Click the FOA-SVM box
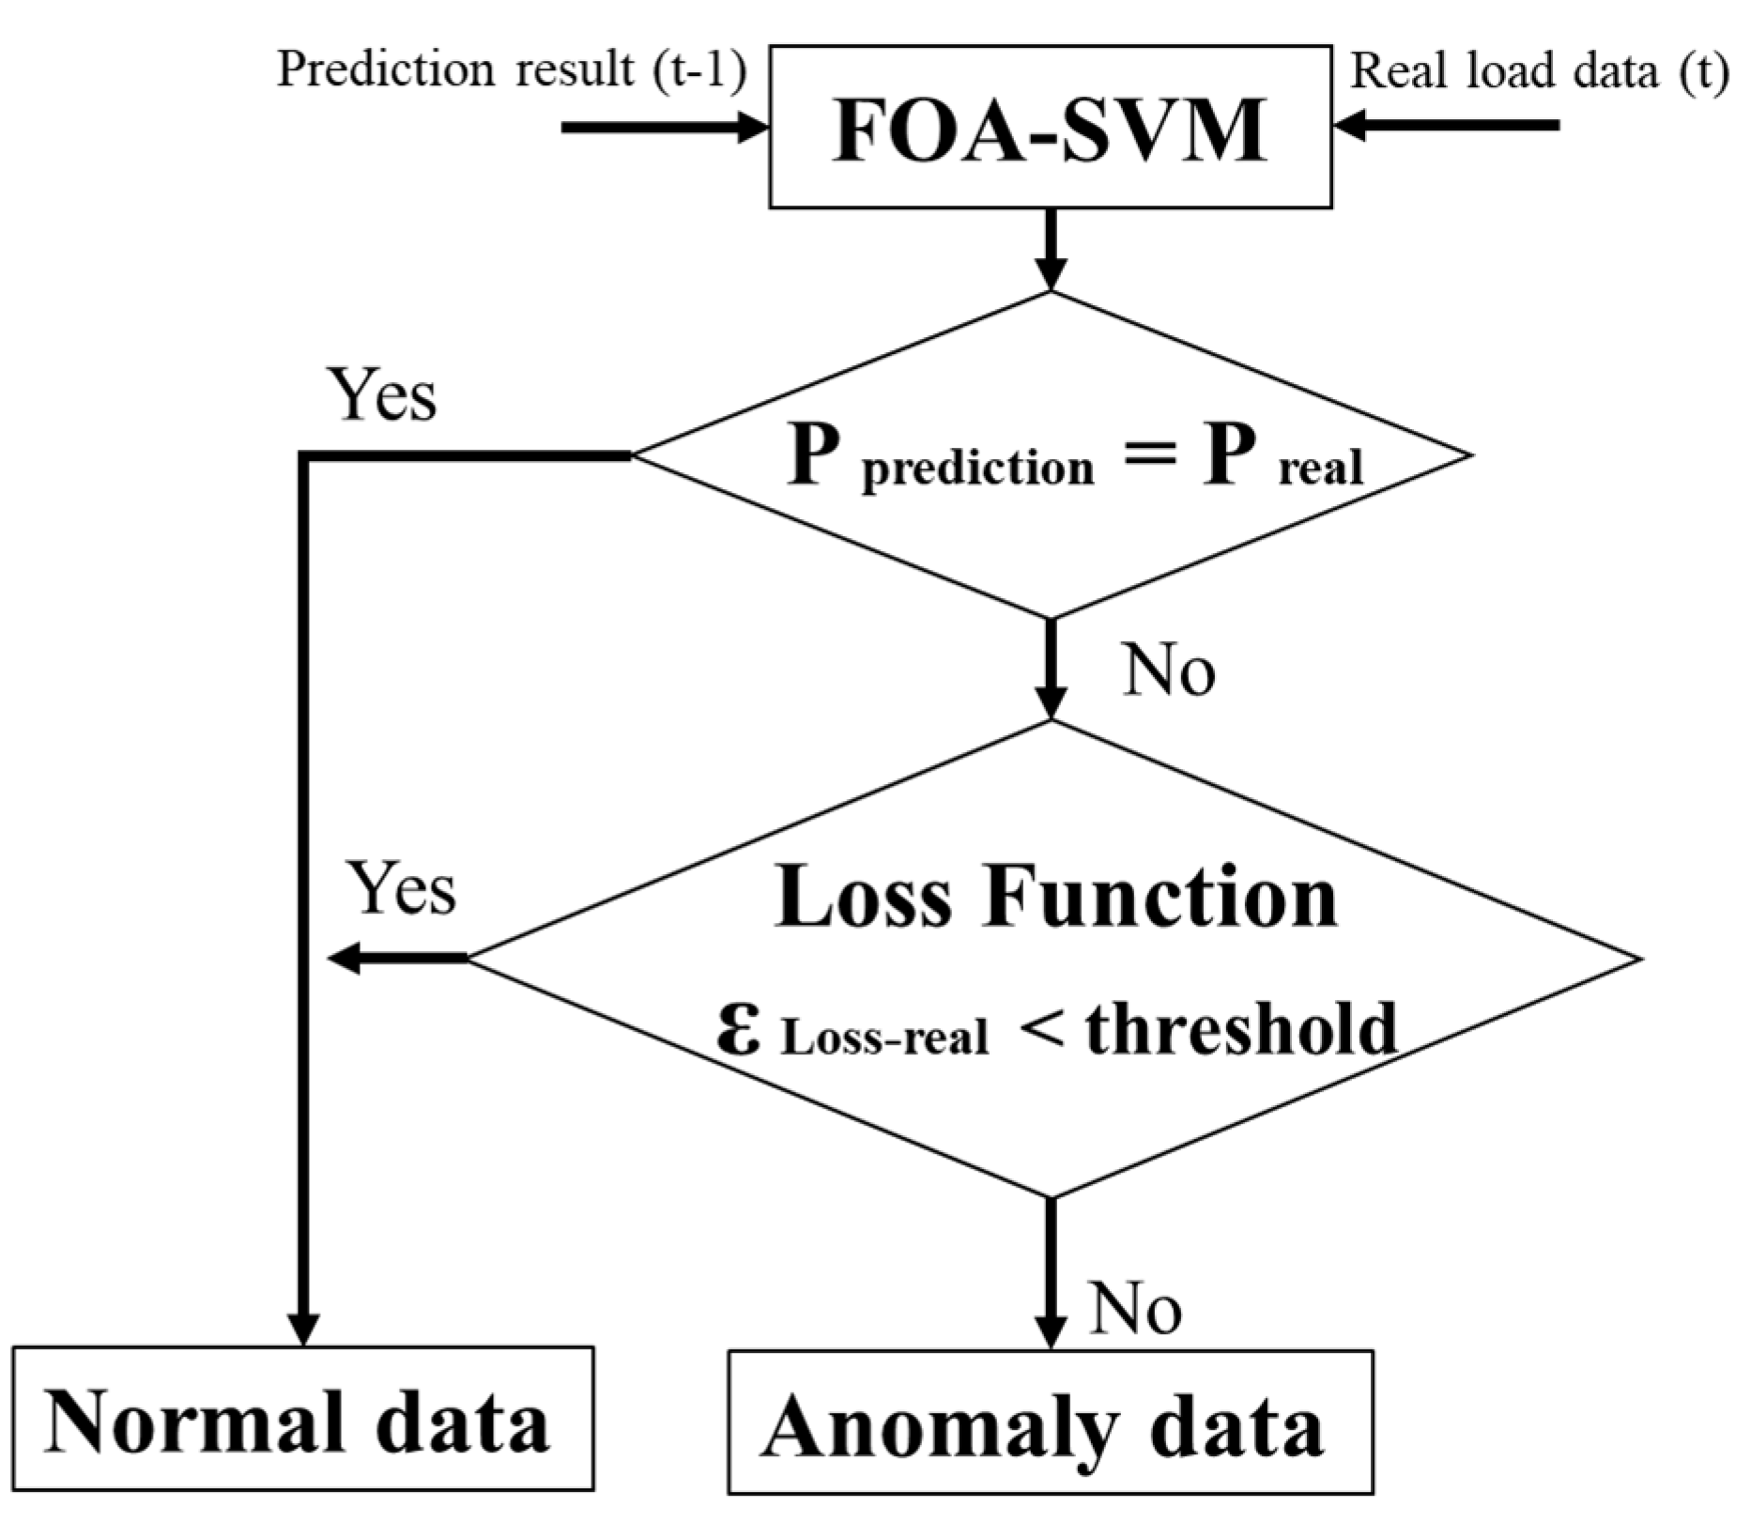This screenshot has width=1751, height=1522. [x=1050, y=128]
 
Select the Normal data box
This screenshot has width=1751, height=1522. [x=302, y=1421]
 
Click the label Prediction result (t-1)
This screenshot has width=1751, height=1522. [x=512, y=70]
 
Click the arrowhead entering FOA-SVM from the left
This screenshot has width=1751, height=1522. [x=751, y=127]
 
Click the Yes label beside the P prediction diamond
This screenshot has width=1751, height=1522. [x=381, y=395]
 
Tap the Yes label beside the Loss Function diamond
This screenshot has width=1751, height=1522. [x=402, y=888]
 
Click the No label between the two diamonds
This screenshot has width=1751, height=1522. [x=1169, y=671]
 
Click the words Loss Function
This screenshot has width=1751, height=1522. [x=1056, y=896]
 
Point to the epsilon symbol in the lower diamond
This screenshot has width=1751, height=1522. [x=739, y=1028]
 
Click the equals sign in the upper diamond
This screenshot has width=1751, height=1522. [x=1149, y=454]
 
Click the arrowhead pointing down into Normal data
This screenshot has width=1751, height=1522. [x=303, y=1329]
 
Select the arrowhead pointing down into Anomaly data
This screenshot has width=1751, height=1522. [x=1050, y=1331]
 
